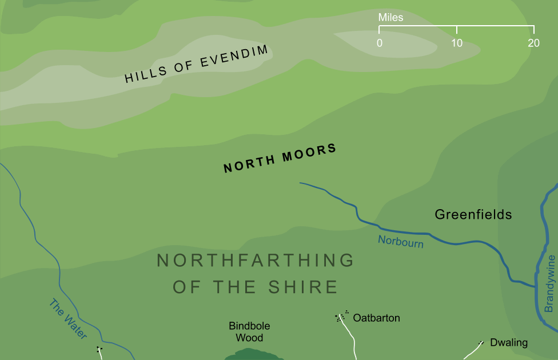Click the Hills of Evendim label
(x=196, y=65)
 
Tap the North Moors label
(x=280, y=158)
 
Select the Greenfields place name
(x=473, y=215)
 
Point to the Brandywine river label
(x=549, y=283)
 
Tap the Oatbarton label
(x=376, y=318)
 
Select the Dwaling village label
(x=508, y=343)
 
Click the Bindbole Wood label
(x=249, y=332)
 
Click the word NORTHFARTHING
(x=256, y=261)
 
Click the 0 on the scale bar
(x=380, y=43)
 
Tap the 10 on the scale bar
(x=457, y=43)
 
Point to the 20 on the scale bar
(x=533, y=43)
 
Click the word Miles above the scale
(x=390, y=18)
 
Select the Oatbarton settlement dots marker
(x=342, y=317)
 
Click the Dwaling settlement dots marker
(x=481, y=343)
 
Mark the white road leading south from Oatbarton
(x=352, y=340)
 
